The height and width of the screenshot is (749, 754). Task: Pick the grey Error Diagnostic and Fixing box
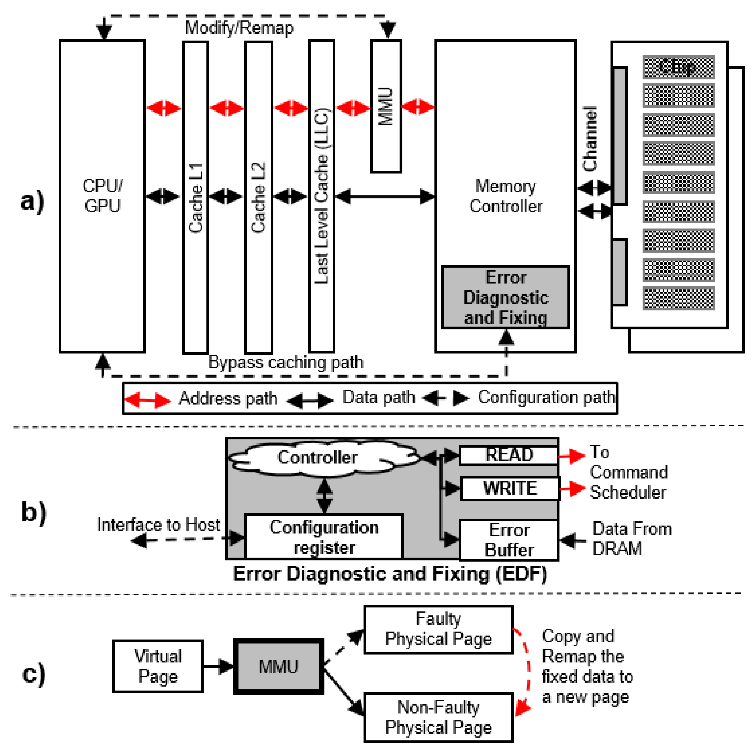pyautogui.click(x=505, y=297)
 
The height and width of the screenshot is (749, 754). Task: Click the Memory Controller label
pyautogui.click(x=505, y=196)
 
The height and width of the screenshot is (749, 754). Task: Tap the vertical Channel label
pyautogui.click(x=590, y=139)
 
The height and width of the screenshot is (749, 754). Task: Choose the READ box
pyautogui.click(x=509, y=455)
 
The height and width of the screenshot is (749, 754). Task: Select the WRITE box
pyautogui.click(x=510, y=488)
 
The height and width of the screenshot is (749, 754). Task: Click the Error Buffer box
pyautogui.click(x=509, y=540)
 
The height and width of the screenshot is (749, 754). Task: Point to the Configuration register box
pyautogui.click(x=324, y=537)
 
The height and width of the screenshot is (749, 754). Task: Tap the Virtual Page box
pyautogui.click(x=158, y=666)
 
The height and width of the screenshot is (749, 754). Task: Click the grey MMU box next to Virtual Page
pyautogui.click(x=279, y=666)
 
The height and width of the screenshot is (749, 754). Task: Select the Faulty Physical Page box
pyautogui.click(x=438, y=629)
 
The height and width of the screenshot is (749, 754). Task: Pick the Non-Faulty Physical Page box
pyautogui.click(x=438, y=717)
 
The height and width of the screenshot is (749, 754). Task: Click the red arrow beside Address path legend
pyautogui.click(x=147, y=400)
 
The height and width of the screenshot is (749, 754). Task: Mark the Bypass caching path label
pyautogui.click(x=286, y=362)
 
